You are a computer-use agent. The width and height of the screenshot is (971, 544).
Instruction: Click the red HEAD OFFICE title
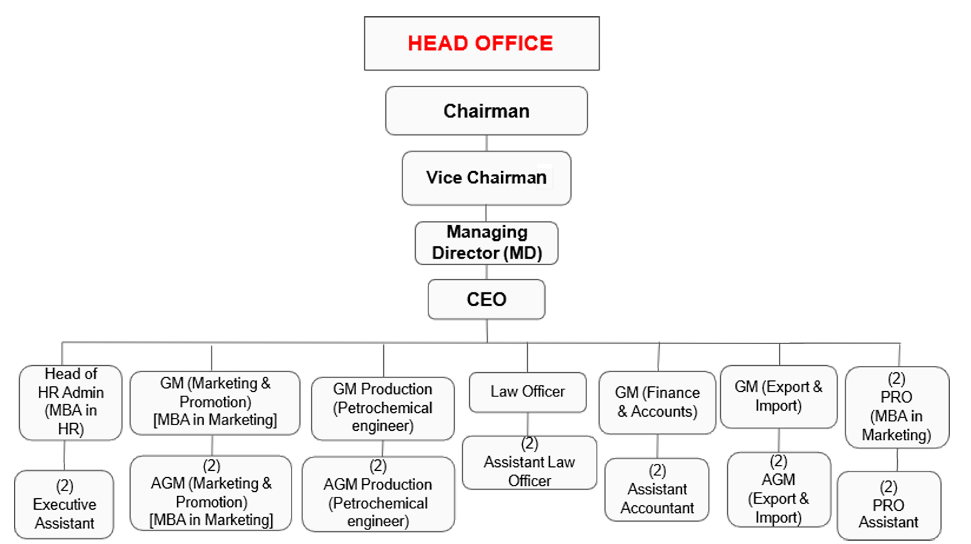(x=481, y=43)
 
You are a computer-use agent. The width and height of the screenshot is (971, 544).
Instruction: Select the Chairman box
(x=486, y=111)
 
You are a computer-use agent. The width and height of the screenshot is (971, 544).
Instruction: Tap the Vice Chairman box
(x=486, y=178)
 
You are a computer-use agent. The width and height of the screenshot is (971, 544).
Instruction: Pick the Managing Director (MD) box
(x=486, y=242)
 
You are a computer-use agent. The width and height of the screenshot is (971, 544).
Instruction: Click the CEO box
(x=486, y=299)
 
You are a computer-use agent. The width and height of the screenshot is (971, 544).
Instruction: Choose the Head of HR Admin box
(x=70, y=401)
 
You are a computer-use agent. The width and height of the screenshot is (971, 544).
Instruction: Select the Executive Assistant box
(x=64, y=505)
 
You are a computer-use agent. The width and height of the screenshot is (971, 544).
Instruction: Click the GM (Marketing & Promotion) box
(x=215, y=401)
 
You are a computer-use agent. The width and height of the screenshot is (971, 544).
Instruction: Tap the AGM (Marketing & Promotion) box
(x=211, y=493)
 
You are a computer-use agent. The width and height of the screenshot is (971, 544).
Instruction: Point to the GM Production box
(x=382, y=407)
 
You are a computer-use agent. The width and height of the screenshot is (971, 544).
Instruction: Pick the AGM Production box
(x=378, y=494)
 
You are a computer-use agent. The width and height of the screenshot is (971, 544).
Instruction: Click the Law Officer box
(x=527, y=391)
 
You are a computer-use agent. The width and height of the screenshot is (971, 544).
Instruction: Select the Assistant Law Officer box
(x=529, y=463)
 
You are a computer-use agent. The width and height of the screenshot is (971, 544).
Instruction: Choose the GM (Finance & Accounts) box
(x=657, y=402)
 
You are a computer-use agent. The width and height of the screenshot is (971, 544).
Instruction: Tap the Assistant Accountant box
(x=657, y=490)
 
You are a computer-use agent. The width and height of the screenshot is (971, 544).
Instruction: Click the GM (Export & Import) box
(x=778, y=396)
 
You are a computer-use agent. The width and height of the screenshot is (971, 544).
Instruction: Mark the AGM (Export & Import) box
(x=778, y=489)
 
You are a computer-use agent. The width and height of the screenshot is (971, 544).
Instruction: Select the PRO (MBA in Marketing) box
(x=897, y=407)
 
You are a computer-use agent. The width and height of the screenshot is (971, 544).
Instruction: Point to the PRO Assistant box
(x=888, y=505)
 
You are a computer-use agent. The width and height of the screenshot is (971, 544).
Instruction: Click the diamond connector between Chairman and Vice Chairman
(x=486, y=143)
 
